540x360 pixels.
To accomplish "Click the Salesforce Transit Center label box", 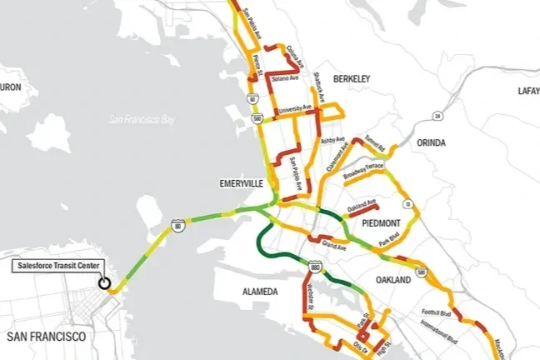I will (x=57, y=266).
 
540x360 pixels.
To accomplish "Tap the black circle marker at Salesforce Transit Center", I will (x=104, y=282).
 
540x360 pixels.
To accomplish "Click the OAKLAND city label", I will (x=392, y=280).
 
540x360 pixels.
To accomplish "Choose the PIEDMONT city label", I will (x=382, y=222).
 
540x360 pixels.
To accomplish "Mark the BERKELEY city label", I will (x=351, y=77).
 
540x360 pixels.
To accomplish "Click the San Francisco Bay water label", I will (x=143, y=120).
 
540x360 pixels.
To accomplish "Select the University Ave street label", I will (x=295, y=109).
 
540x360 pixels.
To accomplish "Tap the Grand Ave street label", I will (x=334, y=247).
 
